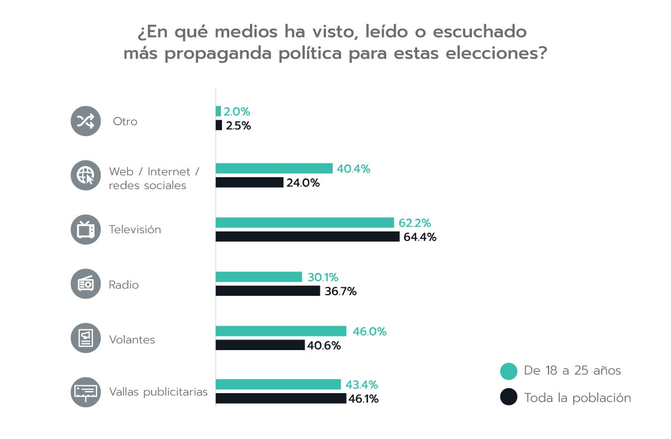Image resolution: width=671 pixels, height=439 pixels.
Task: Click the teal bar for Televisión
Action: click(x=305, y=223)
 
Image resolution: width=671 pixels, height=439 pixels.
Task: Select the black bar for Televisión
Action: click(x=308, y=237)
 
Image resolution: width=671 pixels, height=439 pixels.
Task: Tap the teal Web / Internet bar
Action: click(x=274, y=168)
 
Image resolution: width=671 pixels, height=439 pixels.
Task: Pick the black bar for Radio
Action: click(x=268, y=291)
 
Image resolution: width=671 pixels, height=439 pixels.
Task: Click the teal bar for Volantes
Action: click(x=281, y=331)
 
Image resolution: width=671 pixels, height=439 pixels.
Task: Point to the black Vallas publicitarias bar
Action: click(x=281, y=398)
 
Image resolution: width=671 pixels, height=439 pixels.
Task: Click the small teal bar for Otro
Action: click(x=219, y=111)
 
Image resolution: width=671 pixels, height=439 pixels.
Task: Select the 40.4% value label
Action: click(x=353, y=169)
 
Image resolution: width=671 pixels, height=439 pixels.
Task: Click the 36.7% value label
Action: click(x=341, y=291)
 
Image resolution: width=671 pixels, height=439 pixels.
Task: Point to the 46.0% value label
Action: click(x=370, y=332)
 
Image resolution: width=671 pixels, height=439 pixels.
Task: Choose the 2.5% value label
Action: click(x=238, y=126)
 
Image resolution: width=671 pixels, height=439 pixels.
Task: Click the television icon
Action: click(x=85, y=229)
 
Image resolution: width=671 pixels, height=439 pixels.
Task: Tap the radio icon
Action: click(x=85, y=284)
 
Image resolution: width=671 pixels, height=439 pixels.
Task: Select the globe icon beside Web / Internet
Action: click(x=85, y=175)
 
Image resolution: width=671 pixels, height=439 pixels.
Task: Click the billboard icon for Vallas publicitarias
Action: click(x=85, y=391)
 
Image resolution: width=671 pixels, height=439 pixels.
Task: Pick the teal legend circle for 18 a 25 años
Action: click(x=508, y=371)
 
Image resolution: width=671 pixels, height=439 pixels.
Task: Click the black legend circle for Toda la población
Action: click(x=508, y=398)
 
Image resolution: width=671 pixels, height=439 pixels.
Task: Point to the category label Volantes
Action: click(x=132, y=339)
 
